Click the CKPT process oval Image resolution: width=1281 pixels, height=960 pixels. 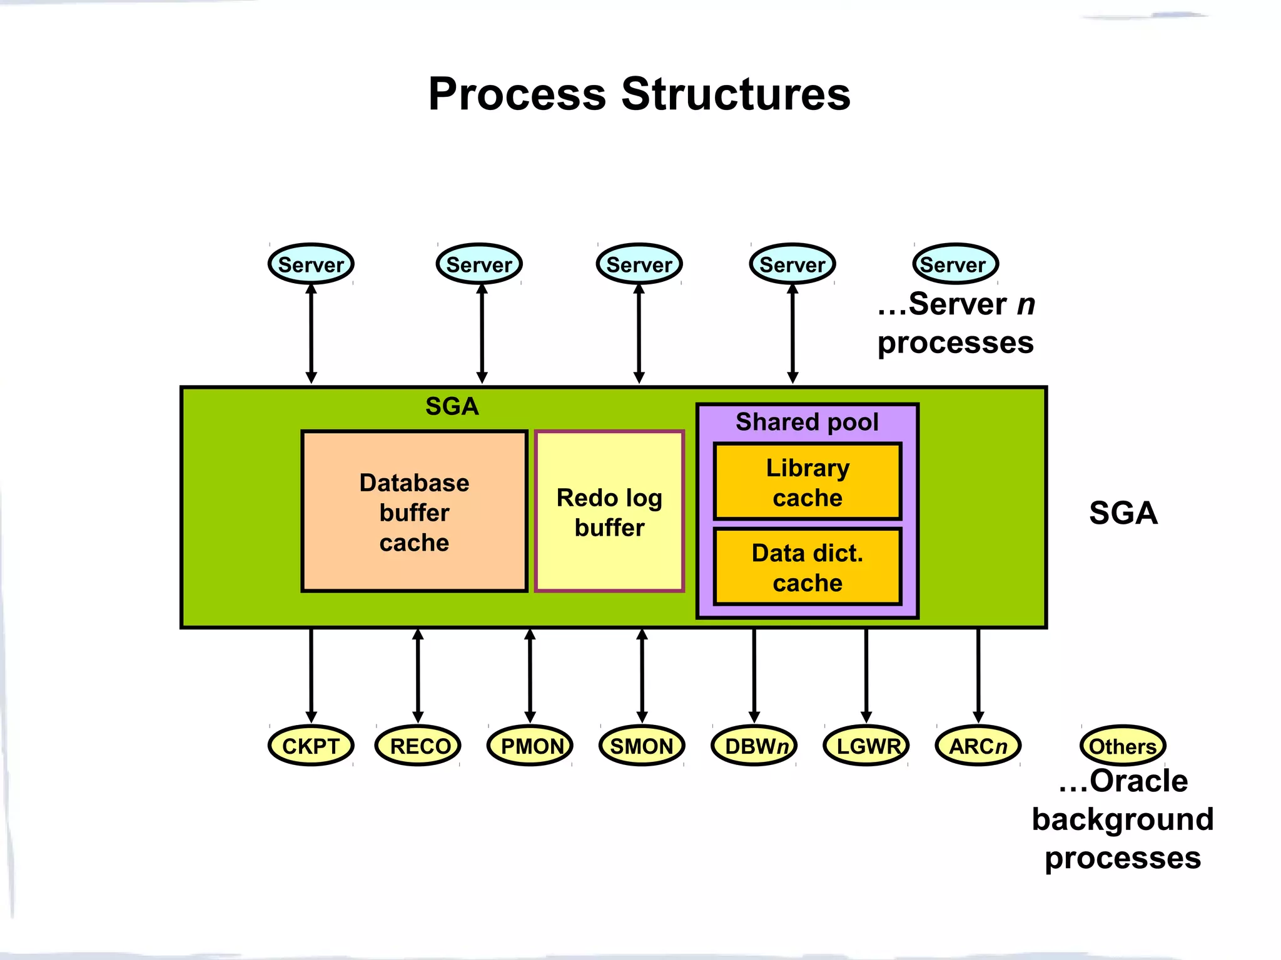point(311,746)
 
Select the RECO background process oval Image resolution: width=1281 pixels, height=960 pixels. point(418,746)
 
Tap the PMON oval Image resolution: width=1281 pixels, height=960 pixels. point(530,746)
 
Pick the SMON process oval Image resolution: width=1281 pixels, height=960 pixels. point(642,746)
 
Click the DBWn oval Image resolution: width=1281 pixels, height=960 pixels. point(754,746)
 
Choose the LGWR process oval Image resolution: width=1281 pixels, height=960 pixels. point(866,746)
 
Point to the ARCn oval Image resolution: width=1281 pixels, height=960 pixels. point(978,746)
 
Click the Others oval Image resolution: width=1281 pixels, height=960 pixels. point(1123,746)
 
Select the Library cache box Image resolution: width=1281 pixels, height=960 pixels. point(808,482)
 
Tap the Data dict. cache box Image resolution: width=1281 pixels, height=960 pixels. point(808,567)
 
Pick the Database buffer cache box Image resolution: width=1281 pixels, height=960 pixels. point(414,511)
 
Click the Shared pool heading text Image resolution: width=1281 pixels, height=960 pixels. point(807,422)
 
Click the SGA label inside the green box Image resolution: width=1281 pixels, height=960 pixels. point(452,406)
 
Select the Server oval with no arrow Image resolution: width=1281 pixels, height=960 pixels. point(955,264)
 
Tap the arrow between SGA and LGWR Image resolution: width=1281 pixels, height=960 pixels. point(866,675)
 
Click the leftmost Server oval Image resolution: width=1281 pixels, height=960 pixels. point(311,264)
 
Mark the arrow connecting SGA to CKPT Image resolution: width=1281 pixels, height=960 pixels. point(311,675)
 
